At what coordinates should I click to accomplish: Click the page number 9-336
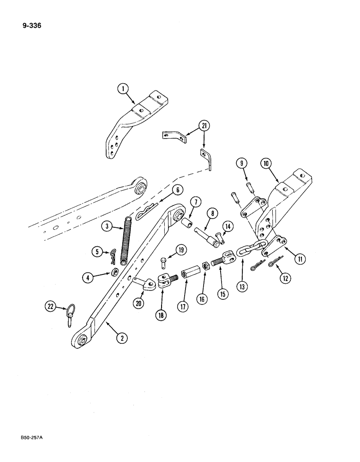(31, 26)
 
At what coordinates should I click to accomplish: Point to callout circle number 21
(203, 125)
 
